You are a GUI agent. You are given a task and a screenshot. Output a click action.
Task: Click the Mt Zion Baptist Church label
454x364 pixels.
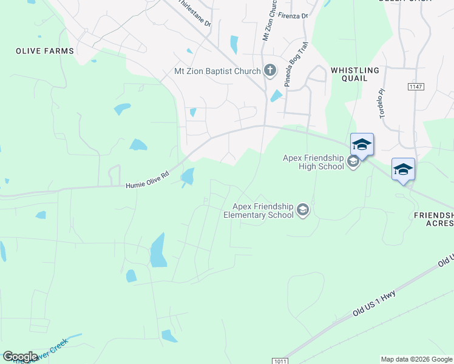click(x=217, y=72)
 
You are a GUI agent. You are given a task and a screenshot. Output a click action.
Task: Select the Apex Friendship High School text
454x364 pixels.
click(x=313, y=163)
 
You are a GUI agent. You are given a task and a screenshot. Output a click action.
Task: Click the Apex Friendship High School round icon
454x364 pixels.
click(x=353, y=162)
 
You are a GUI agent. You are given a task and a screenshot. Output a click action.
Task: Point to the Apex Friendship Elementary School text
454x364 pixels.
click(x=259, y=211)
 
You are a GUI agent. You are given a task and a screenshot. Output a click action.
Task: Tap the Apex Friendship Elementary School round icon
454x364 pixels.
click(x=303, y=211)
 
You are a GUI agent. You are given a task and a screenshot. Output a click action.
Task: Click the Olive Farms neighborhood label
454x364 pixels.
click(x=45, y=52)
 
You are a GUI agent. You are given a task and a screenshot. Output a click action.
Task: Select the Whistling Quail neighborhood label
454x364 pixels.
click(x=355, y=74)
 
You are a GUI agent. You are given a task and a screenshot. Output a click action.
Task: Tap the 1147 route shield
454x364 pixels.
click(x=416, y=87)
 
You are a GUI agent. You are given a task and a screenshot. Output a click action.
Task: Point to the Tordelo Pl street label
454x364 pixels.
click(x=382, y=104)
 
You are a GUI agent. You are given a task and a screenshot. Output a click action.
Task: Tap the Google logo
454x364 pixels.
click(x=20, y=357)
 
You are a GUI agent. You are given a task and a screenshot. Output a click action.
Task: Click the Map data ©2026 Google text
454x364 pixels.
click(x=416, y=359)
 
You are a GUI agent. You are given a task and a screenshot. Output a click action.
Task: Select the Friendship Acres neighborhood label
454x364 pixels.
click(x=433, y=219)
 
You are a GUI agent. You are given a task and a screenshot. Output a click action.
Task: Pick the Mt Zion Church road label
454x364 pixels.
click(x=270, y=21)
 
